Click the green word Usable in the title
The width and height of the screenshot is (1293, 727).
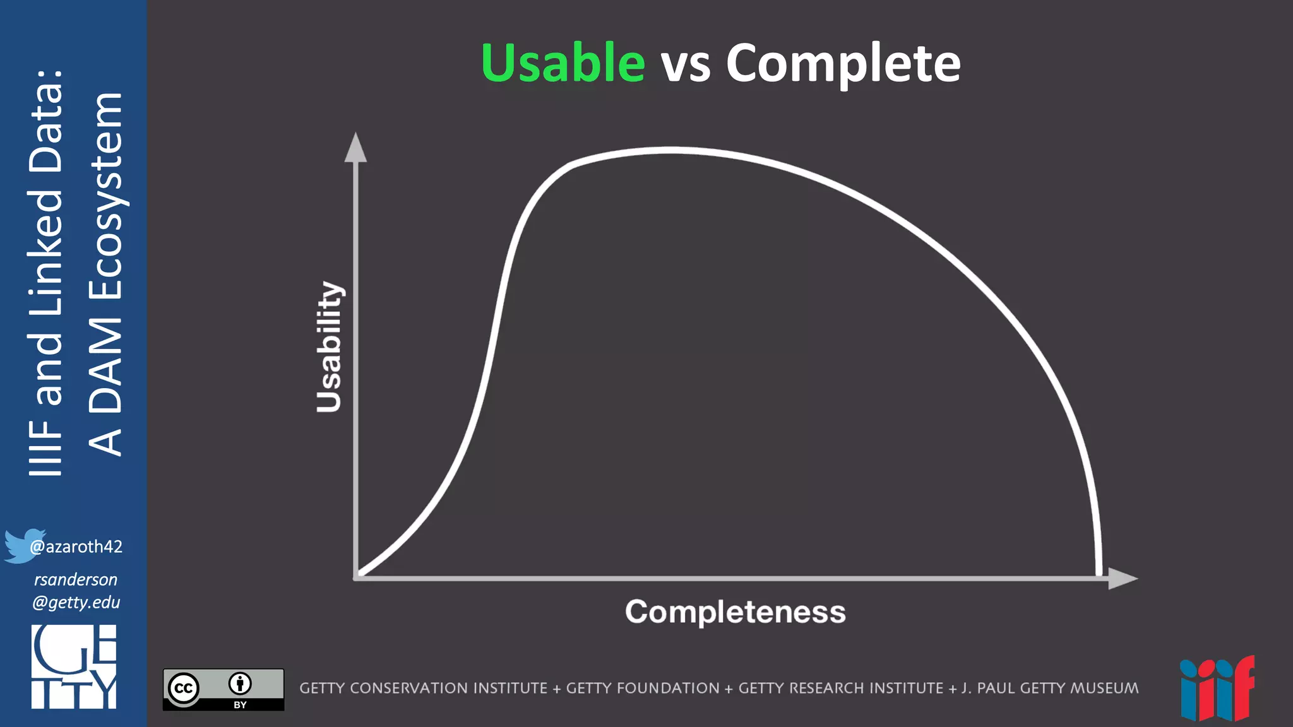coord(563,63)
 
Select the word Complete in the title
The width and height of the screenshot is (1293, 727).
coord(843,64)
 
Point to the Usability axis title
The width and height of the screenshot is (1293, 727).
coord(329,347)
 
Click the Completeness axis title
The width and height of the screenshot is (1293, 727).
coord(736,612)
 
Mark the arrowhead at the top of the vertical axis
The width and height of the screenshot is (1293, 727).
coord(355,148)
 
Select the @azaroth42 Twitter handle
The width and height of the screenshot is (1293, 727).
coord(76,547)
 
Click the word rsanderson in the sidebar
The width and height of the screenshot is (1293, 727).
coord(76,579)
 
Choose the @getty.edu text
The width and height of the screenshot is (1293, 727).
coord(76,602)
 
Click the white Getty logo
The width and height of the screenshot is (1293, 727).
coord(74,666)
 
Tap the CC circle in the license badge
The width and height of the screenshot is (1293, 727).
coord(184,688)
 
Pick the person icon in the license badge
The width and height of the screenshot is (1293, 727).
coord(240,683)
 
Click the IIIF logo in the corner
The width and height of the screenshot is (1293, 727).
coord(1217,689)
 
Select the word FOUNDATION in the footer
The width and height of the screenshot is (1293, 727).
coord(643,688)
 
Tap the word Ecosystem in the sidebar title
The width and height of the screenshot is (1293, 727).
coord(106,196)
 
